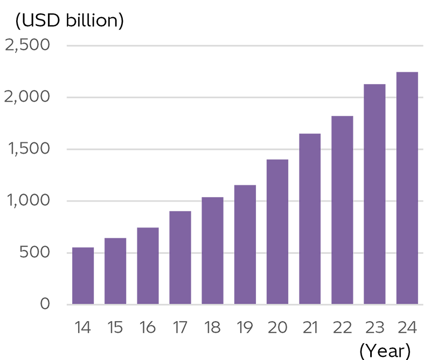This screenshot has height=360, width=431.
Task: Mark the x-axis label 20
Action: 278,327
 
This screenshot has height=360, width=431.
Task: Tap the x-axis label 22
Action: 342,327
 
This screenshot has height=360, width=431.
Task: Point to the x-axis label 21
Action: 310,327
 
